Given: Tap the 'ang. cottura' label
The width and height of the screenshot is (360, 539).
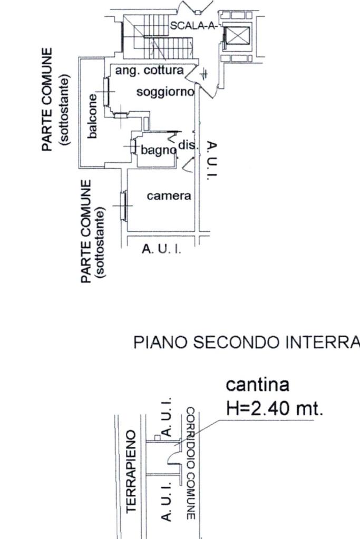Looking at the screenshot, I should pos(150,70).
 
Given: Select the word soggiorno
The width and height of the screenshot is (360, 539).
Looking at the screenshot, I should pos(165,92).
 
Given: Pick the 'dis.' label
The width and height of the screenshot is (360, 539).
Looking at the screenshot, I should pos(188,144).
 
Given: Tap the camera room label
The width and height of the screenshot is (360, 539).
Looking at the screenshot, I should pos(169,196).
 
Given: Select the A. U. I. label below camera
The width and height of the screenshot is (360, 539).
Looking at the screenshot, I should pos(162,249).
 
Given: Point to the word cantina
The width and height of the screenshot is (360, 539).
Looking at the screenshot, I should pos(257,385).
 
